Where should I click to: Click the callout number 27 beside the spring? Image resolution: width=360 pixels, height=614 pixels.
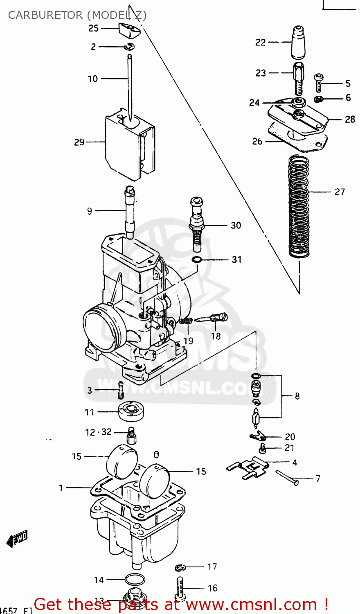[340, 192]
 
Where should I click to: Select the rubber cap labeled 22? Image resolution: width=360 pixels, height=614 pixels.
[298, 42]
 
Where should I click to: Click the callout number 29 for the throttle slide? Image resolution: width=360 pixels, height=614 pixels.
[79, 142]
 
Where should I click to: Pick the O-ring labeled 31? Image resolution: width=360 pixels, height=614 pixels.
[197, 260]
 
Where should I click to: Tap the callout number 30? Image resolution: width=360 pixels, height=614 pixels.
[236, 225]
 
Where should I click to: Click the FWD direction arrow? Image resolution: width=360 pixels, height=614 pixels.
[18, 539]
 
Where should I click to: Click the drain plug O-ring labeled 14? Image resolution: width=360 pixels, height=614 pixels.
[134, 580]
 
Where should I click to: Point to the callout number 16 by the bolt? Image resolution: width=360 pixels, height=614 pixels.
[212, 588]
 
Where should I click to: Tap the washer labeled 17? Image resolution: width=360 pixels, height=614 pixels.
[180, 567]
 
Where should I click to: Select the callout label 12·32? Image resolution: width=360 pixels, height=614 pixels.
[98, 432]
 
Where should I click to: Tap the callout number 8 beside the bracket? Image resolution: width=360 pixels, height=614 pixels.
[297, 396]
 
